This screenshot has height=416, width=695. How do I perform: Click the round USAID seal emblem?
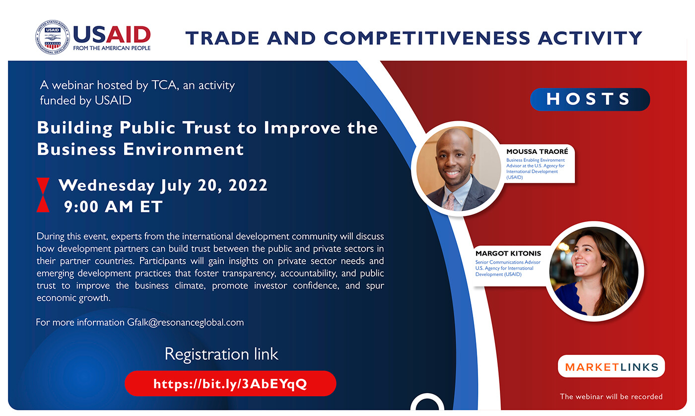[x=53, y=37]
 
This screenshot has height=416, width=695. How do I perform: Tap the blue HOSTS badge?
[x=590, y=99]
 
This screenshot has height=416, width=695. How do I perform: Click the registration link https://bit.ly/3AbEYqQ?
[x=230, y=384]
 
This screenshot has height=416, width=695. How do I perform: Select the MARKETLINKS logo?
[x=611, y=367]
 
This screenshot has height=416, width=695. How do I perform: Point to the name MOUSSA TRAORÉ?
[x=537, y=151]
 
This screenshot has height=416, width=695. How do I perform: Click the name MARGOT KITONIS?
[x=508, y=254]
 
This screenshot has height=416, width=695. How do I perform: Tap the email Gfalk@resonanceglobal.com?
[x=186, y=322]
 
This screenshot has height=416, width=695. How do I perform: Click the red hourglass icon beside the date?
[x=43, y=195]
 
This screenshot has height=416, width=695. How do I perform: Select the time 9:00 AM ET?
[x=113, y=207]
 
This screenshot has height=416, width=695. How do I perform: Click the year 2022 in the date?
[x=248, y=185]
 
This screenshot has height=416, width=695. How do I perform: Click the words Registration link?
[x=221, y=354]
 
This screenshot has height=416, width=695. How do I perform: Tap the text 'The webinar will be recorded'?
[x=611, y=397]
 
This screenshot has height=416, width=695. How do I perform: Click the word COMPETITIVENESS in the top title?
[x=426, y=38]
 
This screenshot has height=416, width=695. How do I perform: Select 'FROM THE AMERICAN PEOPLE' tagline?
[x=112, y=48]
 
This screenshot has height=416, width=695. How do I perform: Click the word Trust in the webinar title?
[x=207, y=128]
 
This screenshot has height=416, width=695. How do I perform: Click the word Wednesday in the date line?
[x=107, y=186]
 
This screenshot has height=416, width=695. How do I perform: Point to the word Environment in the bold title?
[x=183, y=149]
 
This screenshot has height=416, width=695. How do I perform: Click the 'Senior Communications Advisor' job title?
[x=507, y=262]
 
